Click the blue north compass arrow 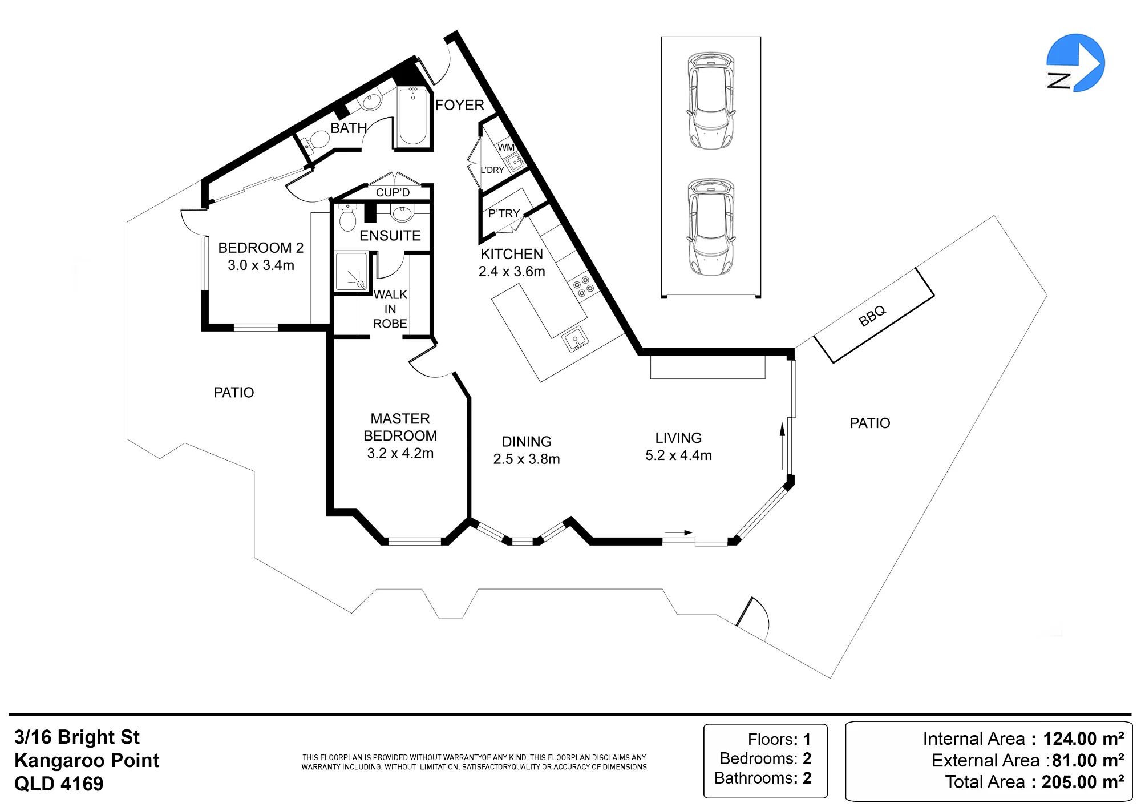1076,63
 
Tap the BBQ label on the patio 872,316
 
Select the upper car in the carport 711,100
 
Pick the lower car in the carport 711,227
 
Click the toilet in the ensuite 347,217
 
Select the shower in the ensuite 351,271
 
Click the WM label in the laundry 506,147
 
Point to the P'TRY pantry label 504,213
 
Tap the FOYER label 459,105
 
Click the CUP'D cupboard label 393,192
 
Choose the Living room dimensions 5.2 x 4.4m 678,455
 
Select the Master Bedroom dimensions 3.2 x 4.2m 400,453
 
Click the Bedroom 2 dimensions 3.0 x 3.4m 261,265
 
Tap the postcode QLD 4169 59,784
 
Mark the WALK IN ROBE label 390,309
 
